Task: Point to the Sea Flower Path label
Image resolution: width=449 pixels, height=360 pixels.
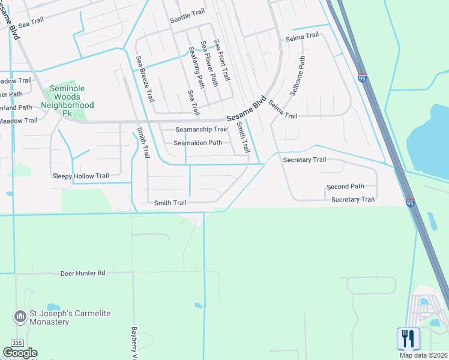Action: [x=209, y=63]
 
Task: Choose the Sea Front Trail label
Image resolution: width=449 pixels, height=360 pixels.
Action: [x=222, y=61]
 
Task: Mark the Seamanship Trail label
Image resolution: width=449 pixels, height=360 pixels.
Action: [x=201, y=130]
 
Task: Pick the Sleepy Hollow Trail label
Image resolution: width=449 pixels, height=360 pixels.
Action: [x=81, y=176]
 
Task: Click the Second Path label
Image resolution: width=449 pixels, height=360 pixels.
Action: [x=345, y=187]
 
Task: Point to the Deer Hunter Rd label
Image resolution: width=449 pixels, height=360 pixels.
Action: [x=83, y=273]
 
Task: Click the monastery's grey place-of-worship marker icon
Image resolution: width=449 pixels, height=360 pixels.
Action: [x=19, y=315]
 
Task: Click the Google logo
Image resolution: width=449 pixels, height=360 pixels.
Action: [x=20, y=353]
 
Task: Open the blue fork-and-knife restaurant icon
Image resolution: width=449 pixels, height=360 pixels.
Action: [x=408, y=338]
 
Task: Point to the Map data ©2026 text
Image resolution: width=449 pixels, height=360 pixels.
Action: [x=423, y=355]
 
